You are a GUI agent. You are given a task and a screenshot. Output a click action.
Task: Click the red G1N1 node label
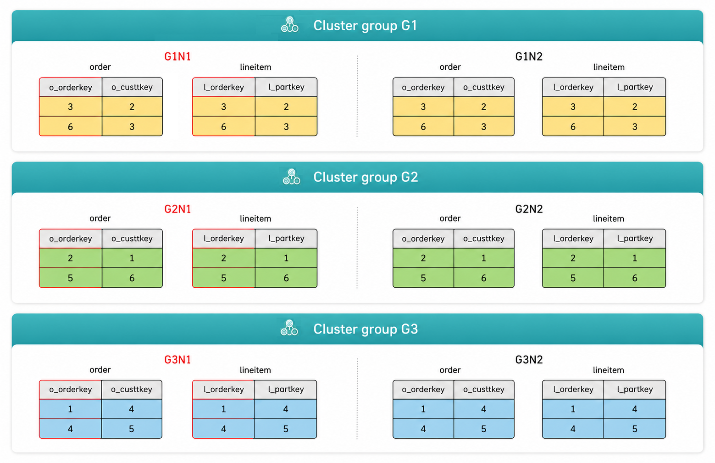pos(177,56)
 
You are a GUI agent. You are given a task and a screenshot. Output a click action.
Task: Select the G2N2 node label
pos(529,209)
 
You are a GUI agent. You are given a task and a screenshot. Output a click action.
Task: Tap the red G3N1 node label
pos(177,360)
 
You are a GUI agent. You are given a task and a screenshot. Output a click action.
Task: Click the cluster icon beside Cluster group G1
pos(289,25)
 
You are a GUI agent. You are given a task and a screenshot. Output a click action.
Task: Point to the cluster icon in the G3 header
pos(289,328)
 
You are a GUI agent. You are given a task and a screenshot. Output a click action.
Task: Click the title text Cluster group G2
pos(366,177)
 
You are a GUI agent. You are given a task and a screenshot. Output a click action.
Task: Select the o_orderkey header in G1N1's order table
pos(71,87)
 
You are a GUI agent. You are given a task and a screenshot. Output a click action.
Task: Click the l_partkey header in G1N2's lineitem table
pos(635,87)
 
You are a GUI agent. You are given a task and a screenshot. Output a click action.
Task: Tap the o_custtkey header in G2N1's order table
pos(132,239)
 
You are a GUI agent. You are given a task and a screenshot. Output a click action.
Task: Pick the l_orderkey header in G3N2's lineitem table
pos(573,390)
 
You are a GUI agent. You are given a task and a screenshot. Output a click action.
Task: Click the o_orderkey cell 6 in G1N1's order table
pos(71,127)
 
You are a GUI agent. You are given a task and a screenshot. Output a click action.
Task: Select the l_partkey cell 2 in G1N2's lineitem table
pos(635,106)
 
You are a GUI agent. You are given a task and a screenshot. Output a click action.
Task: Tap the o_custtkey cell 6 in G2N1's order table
pos(132,278)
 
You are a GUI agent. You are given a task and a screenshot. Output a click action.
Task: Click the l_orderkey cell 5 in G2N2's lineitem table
pos(573,278)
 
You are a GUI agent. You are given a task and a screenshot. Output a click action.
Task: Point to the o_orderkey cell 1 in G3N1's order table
pos(71,409)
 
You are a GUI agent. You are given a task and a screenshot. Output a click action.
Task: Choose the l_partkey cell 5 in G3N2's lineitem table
pos(635,429)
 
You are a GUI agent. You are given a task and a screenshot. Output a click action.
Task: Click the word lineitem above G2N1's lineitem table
pos(255,219)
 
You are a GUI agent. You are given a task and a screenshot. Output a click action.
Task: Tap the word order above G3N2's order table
pos(450,370)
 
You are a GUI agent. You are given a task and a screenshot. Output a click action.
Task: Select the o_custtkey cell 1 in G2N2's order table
pos(484,258)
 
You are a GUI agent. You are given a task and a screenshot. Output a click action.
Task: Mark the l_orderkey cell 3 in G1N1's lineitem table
pos(224,106)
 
